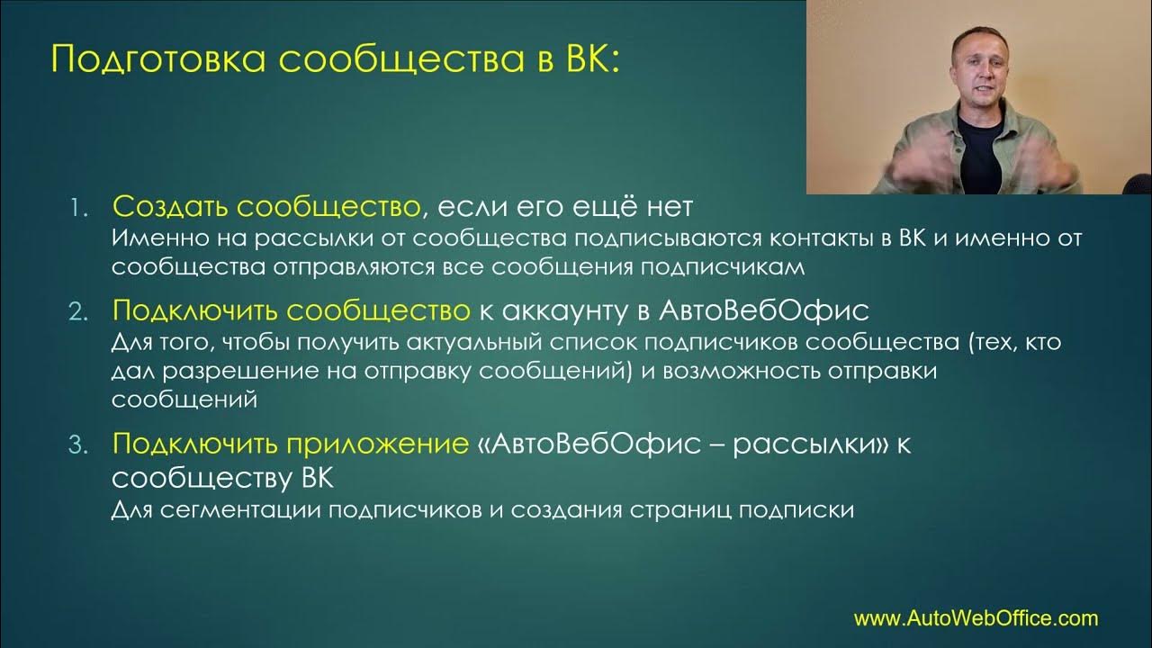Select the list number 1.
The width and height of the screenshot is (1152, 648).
(78, 209)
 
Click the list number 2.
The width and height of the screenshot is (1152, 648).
(78, 311)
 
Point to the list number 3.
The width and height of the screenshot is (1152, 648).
(78, 445)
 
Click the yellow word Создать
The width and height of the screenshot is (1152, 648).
(170, 208)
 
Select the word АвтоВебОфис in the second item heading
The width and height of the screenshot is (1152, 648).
(764, 310)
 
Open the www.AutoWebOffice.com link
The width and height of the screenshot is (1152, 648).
(976, 618)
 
